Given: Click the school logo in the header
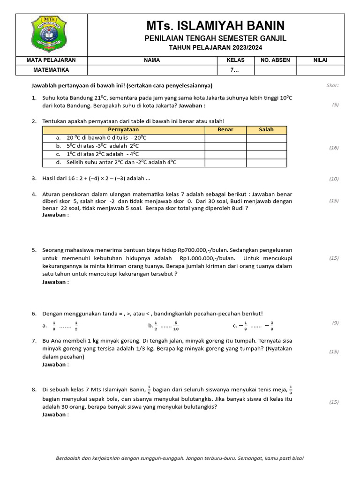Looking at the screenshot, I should point(52,34).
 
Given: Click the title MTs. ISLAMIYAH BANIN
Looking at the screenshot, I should point(215,26).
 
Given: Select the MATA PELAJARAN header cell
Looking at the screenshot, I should point(52,60).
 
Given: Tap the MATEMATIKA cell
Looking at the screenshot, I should point(52,70).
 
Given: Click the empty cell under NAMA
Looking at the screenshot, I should point(152,70).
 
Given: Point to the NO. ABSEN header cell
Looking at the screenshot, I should point(275,60).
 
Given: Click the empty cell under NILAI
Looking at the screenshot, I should point(321,70).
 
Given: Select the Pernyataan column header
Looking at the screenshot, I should point(123,130).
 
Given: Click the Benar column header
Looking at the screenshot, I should point(225,130).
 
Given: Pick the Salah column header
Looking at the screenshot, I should point(266,130).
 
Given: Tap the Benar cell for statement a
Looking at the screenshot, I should point(225,138).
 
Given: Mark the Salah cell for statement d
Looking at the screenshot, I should point(266,163).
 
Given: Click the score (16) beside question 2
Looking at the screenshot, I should point(334,148).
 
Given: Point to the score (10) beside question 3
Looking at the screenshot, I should point(334,179).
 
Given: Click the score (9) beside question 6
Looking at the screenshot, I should point(335,322).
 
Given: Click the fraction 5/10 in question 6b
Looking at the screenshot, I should point(176,325).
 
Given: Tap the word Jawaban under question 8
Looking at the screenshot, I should point(55,414).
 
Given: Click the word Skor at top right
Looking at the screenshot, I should point(332,85).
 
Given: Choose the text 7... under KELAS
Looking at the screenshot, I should point(235,70).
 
